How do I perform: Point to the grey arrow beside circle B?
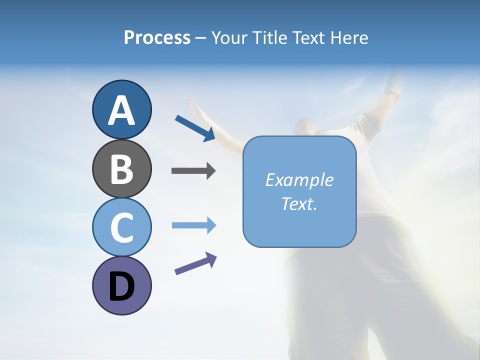pyautogui.click(x=193, y=171)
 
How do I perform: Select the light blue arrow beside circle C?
pyautogui.click(x=193, y=225)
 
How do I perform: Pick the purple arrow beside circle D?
pyautogui.click(x=195, y=264)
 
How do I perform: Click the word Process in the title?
pyautogui.click(x=157, y=38)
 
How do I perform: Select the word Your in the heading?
pyautogui.click(x=228, y=38)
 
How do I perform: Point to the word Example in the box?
pyautogui.click(x=299, y=180)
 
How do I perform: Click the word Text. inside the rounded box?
pyautogui.click(x=299, y=204)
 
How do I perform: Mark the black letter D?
pyautogui.click(x=121, y=287)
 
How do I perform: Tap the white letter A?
pyautogui.click(x=121, y=110)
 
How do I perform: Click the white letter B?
pyautogui.click(x=121, y=169)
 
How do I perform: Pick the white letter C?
pyautogui.click(x=121, y=228)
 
